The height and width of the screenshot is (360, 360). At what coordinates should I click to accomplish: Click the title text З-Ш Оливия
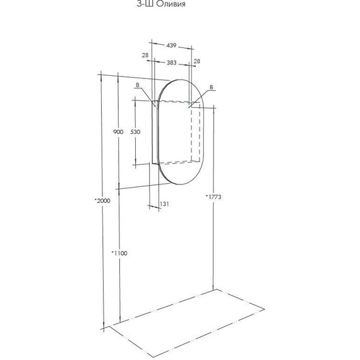coord(161,4)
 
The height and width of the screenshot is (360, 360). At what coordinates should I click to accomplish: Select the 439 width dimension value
coord(171,45)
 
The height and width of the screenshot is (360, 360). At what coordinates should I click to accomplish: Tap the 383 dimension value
coord(172,63)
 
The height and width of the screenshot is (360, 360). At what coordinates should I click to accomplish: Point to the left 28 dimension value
coord(145,55)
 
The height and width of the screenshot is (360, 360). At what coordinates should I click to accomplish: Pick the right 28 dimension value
coord(197,61)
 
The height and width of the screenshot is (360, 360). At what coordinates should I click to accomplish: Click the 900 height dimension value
coord(118,132)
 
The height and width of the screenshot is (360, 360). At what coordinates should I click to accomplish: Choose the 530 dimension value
coord(135,132)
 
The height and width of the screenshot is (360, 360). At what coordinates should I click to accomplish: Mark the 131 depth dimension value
coord(164,203)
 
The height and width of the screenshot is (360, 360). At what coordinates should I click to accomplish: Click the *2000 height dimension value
coord(102,201)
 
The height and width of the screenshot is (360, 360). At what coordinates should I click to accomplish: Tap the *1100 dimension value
coord(119,253)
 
